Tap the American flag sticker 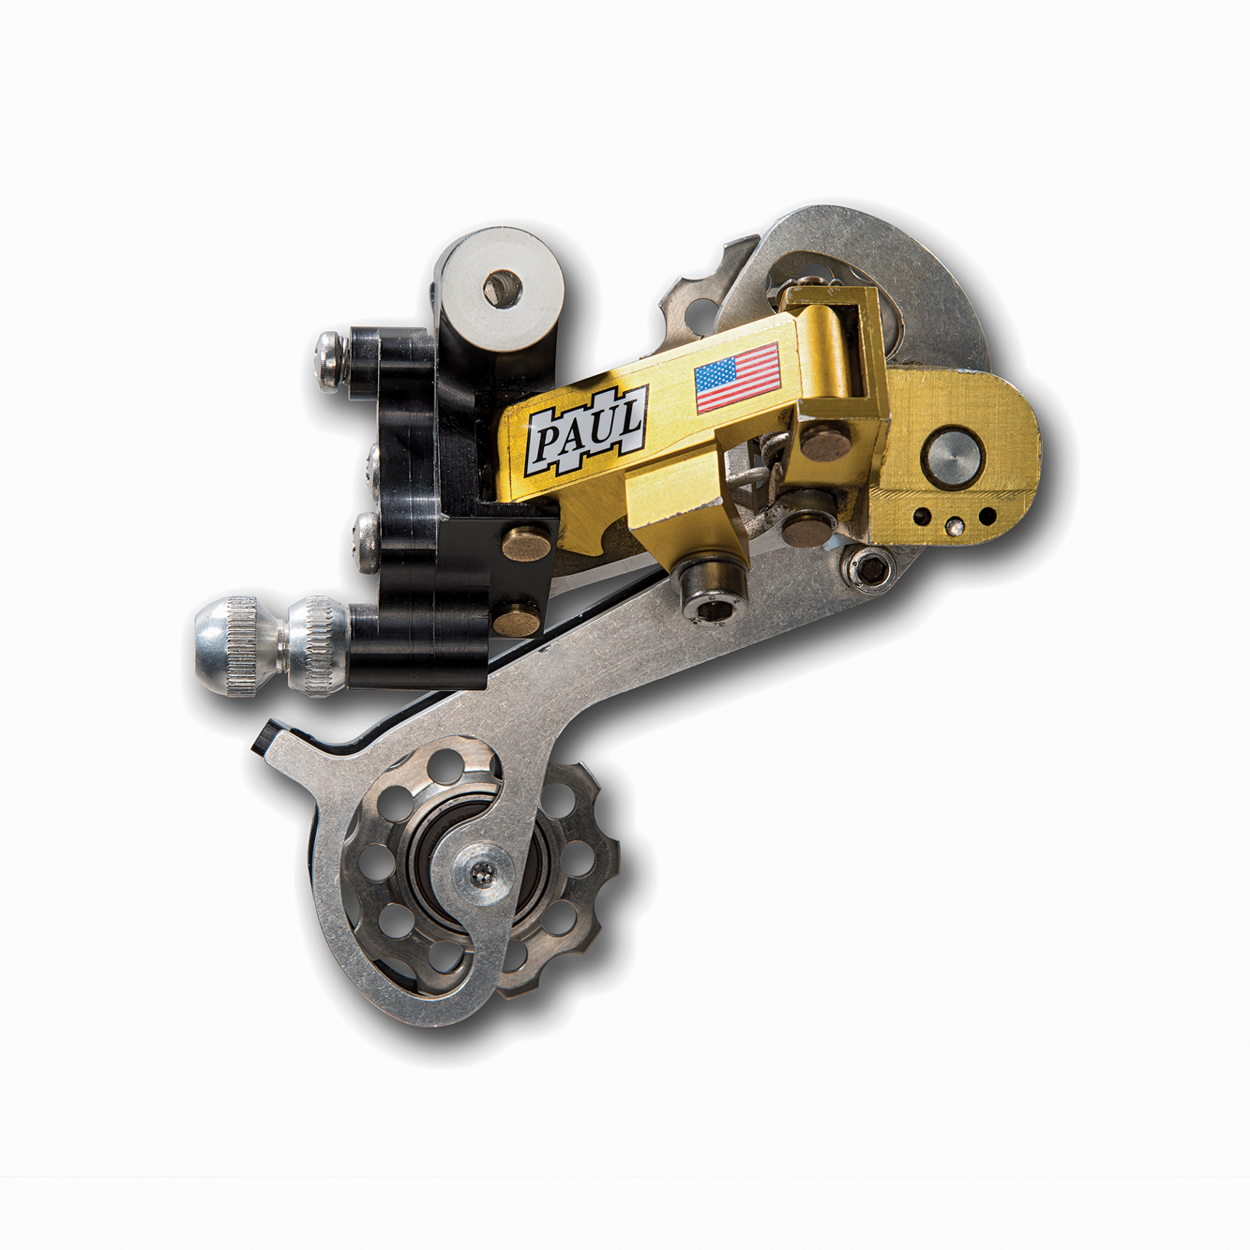point(738,377)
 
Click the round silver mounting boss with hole point(499,288)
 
